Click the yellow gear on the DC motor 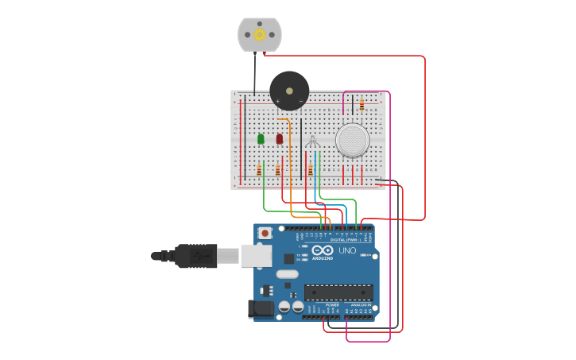tap(260, 35)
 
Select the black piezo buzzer tap(289, 91)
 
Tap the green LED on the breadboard tap(261, 139)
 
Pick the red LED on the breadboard tap(280, 139)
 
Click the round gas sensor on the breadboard tap(352, 140)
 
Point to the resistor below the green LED tap(259, 169)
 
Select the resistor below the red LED tap(277, 169)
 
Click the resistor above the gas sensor tap(362, 104)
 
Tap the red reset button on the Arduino tap(265, 233)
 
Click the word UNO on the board tap(347, 250)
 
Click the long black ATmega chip tap(338, 292)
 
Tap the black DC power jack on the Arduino tap(261, 309)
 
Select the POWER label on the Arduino tap(332, 304)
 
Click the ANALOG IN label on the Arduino tap(360, 304)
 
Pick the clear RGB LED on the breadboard tap(313, 142)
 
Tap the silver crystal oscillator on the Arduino tap(287, 274)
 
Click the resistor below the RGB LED tap(310, 169)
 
